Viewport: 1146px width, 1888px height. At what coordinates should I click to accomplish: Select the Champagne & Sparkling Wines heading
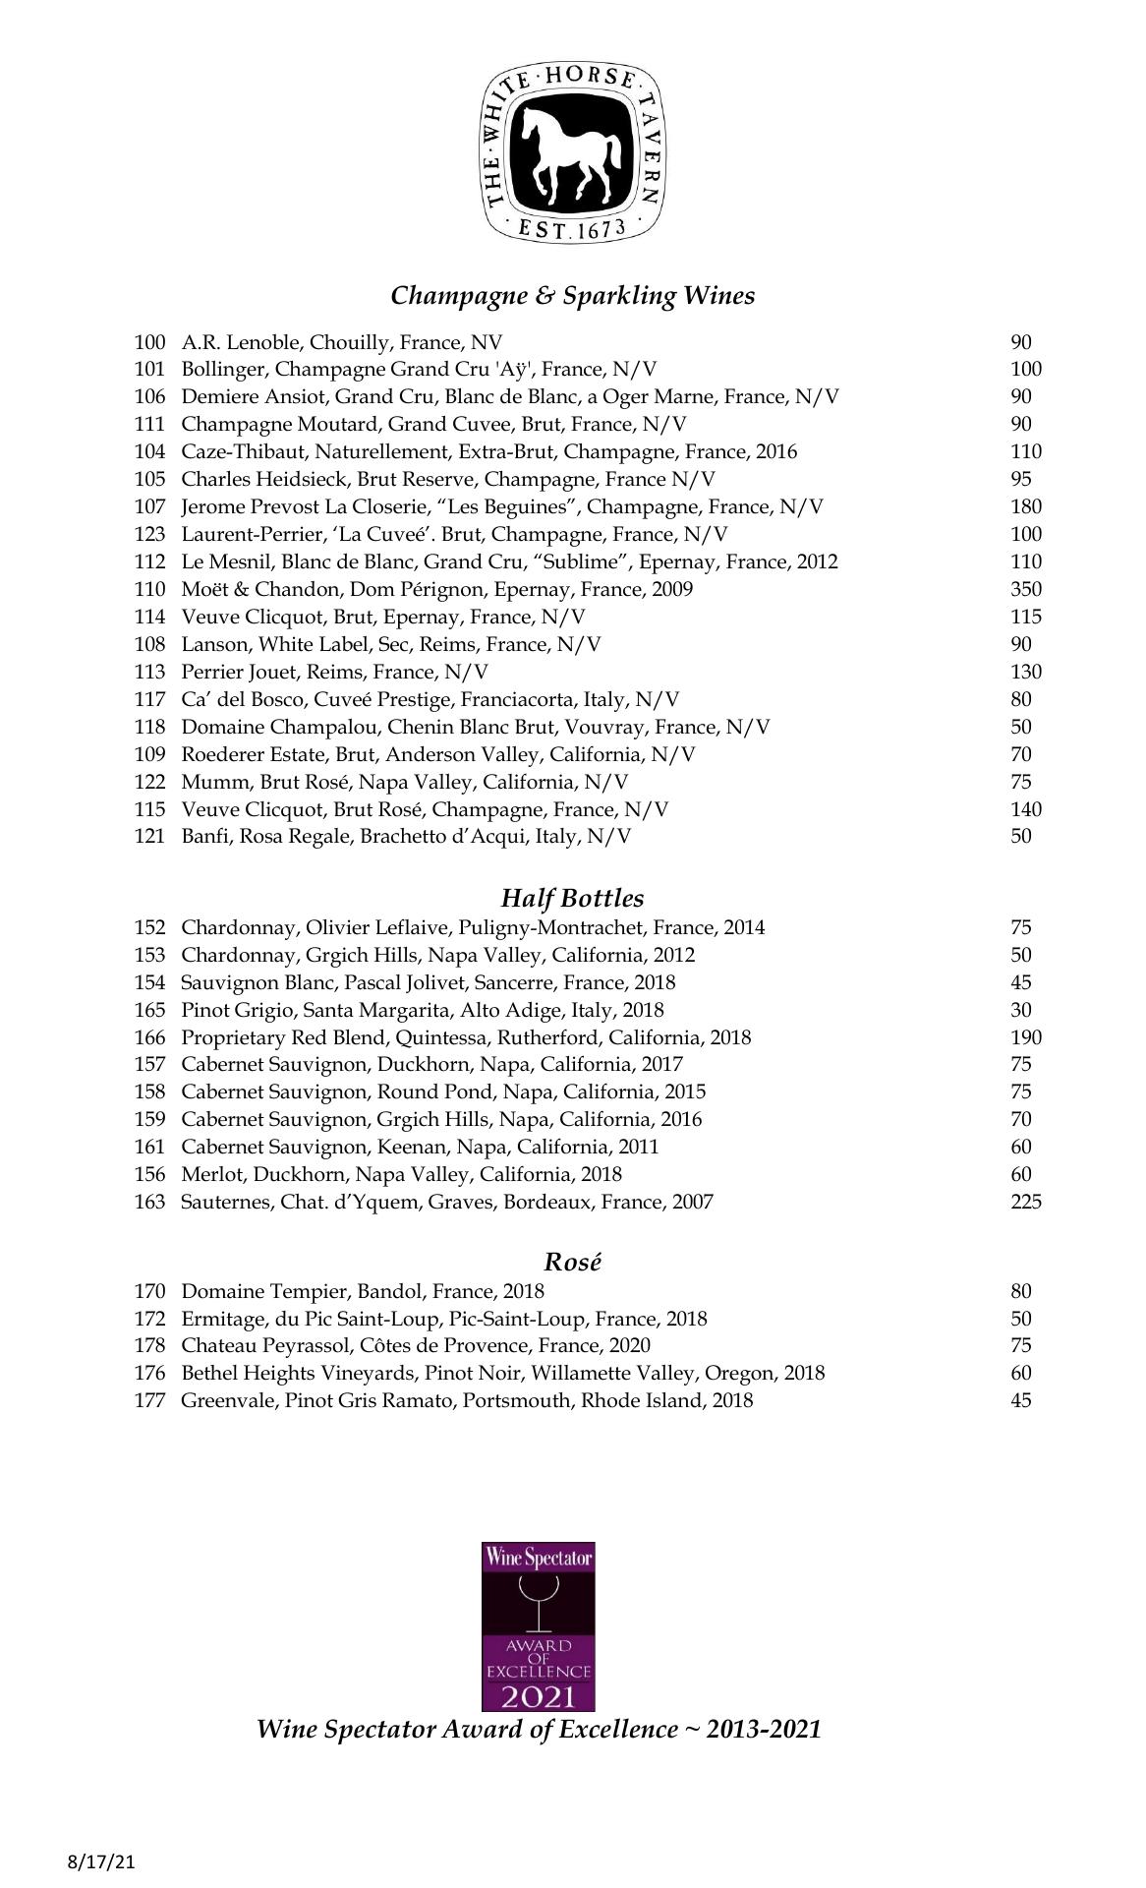572,296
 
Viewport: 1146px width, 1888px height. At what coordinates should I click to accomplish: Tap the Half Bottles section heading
572,898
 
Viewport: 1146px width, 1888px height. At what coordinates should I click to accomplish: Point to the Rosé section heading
572,1262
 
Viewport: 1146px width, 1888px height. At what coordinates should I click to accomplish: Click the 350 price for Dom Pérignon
1025,590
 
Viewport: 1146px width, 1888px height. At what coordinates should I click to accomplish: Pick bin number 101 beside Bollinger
149,370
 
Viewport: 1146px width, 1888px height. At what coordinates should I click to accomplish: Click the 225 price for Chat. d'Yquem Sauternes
1025,1202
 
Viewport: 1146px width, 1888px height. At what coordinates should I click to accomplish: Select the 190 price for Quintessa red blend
1025,1037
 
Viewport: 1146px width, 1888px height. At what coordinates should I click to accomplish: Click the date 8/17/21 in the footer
101,1862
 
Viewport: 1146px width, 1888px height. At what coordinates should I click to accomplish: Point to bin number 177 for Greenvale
149,1400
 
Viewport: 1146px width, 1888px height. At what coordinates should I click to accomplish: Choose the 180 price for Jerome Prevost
1025,507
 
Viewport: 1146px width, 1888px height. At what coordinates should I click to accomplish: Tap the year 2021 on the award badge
538,1696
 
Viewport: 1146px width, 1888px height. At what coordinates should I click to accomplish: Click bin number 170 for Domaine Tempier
149,1291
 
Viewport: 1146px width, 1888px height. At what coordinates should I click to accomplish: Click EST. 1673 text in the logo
571,231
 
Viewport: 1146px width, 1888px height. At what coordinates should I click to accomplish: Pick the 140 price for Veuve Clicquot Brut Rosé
1025,809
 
